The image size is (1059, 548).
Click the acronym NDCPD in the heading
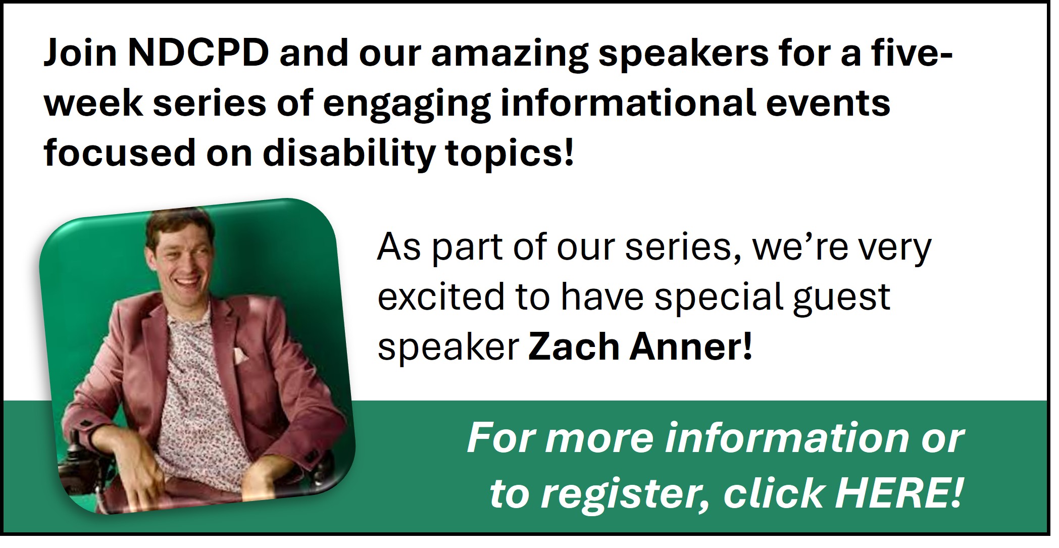(198, 54)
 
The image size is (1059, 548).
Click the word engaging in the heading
(407, 104)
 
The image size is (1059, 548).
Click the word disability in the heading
(348, 153)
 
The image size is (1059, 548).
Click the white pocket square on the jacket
(239, 356)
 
